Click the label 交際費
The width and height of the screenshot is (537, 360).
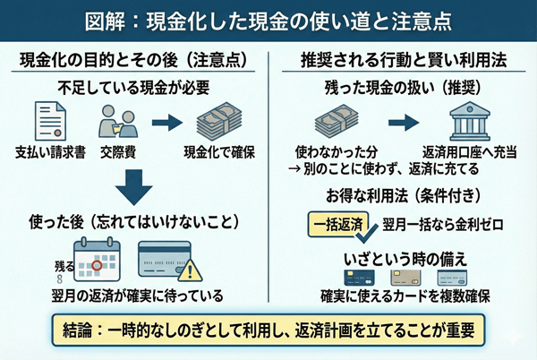click(120, 150)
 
